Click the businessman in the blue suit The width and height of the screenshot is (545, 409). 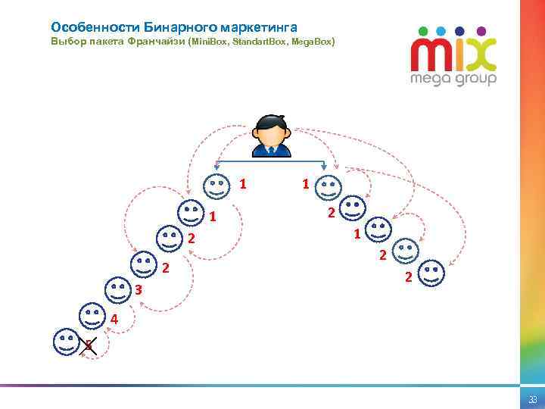(x=270, y=136)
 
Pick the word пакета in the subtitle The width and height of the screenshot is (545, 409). (x=108, y=42)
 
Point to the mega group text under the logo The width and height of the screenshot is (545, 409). (x=453, y=79)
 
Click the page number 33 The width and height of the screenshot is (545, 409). (x=533, y=399)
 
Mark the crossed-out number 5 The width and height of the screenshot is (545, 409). (x=89, y=346)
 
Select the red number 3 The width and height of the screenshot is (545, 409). (x=139, y=290)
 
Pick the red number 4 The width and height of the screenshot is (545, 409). (x=114, y=318)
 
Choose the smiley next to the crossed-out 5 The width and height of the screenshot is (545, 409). (x=66, y=341)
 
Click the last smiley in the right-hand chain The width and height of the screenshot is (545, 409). (x=431, y=273)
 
